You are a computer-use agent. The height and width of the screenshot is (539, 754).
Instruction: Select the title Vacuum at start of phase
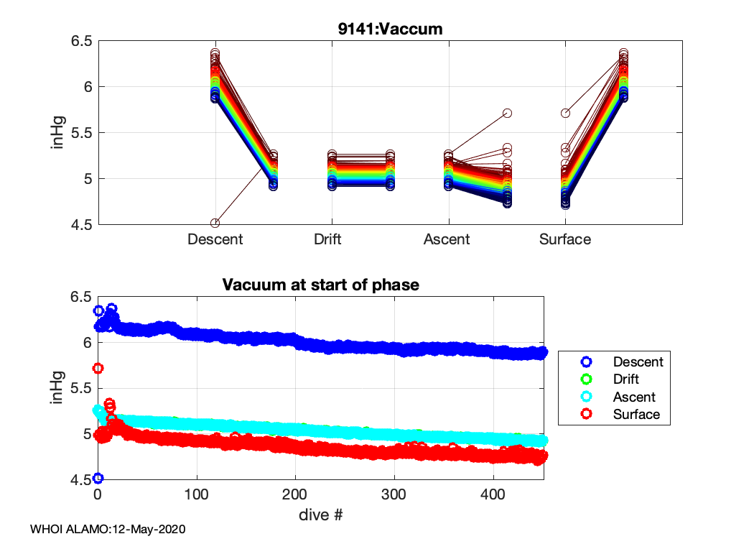(320, 285)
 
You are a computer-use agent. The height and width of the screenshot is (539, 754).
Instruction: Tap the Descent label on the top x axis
(215, 239)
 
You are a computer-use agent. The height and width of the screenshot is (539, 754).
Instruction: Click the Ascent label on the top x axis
(447, 239)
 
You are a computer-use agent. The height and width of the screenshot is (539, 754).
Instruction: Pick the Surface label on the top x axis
(565, 239)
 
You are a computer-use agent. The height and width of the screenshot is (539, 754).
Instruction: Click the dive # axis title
(320, 515)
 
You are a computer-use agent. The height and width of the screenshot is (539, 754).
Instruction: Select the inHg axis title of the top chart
(57, 132)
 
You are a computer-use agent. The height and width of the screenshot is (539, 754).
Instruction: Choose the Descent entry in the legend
(638, 361)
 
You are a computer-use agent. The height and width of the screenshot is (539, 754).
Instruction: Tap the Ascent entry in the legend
(634, 397)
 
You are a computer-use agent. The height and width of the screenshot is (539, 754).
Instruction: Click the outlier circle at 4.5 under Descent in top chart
(215, 223)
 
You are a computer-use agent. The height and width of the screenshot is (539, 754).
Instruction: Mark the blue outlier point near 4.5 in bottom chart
(98, 478)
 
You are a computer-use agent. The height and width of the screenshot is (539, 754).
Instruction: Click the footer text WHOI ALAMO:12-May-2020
(108, 530)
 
